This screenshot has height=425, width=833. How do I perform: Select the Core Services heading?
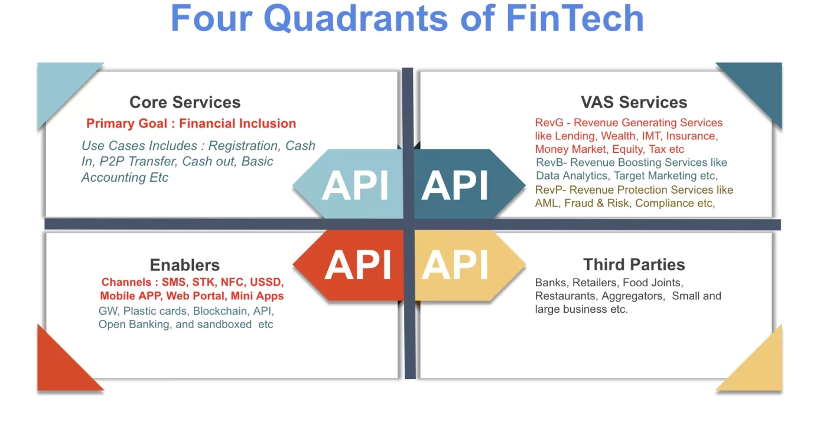pyautogui.click(x=185, y=102)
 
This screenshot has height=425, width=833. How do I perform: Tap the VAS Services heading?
pyautogui.click(x=634, y=102)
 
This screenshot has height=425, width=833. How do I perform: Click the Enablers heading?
pyautogui.click(x=184, y=265)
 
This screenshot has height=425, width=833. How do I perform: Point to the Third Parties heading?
pyautogui.click(x=634, y=264)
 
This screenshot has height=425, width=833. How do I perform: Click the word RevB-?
pyautogui.click(x=551, y=162)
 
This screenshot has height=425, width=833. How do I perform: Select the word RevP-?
pyautogui.click(x=551, y=190)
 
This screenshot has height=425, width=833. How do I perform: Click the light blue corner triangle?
pyautogui.click(x=59, y=86)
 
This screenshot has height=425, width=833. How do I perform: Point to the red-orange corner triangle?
pyautogui.click(x=59, y=369)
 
